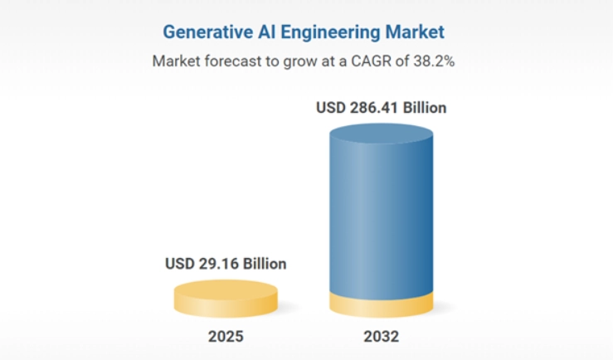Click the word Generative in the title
(x=207, y=32)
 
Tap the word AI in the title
(x=266, y=32)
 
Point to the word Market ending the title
(x=415, y=32)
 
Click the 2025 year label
(x=226, y=337)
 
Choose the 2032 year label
(x=382, y=337)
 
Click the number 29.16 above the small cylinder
(x=218, y=264)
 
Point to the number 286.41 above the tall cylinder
(x=374, y=108)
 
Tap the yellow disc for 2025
(x=226, y=299)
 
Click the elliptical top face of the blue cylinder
(x=382, y=134)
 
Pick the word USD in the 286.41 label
(x=331, y=108)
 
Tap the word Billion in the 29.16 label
(x=265, y=264)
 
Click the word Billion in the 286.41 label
(x=425, y=108)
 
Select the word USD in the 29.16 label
(x=180, y=264)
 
